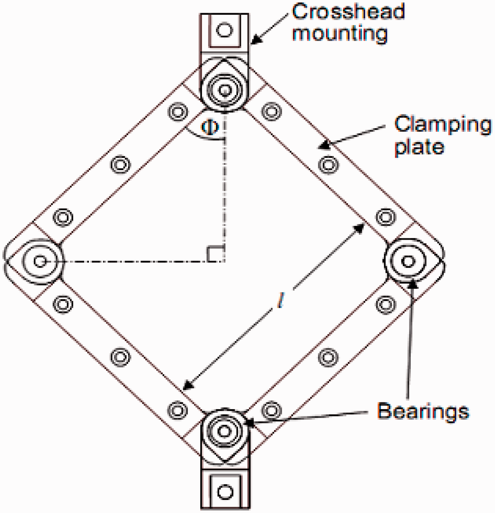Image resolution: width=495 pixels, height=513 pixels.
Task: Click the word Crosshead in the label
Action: [x=348, y=12]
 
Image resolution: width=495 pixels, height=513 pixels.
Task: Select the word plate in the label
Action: [x=419, y=147]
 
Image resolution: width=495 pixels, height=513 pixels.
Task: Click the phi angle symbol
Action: [x=210, y=127]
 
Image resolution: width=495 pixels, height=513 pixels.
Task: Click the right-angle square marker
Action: [x=215, y=254]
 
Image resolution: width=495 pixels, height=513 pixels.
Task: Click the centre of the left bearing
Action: [x=40, y=261]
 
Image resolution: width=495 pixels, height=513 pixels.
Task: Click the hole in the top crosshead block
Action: [x=224, y=30]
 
